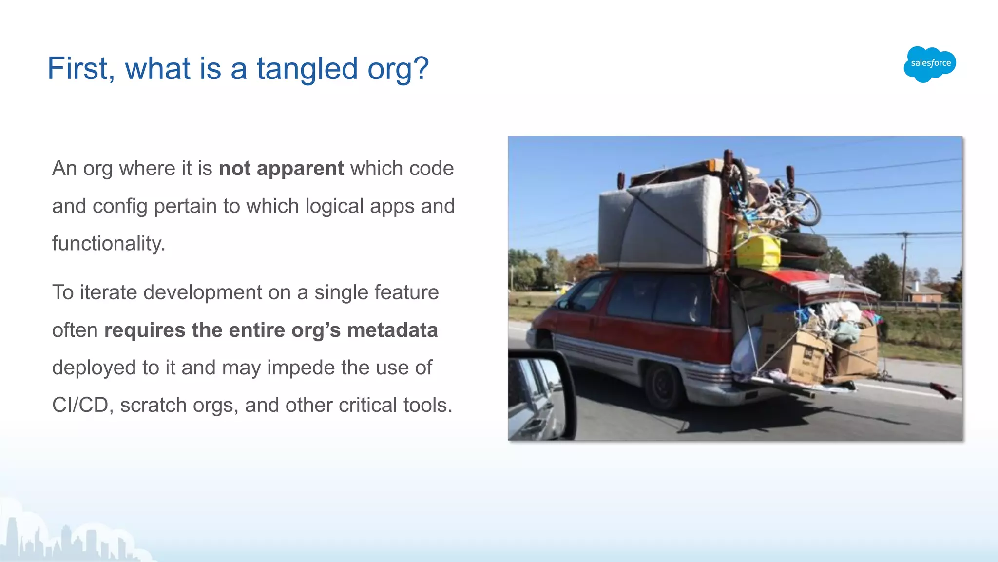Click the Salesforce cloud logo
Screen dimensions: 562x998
click(x=930, y=64)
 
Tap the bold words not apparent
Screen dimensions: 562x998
click(x=281, y=169)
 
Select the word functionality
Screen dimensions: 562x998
click(x=108, y=244)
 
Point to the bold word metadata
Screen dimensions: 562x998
click(x=392, y=330)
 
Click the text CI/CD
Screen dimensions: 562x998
click(x=80, y=406)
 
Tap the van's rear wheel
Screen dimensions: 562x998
click(x=664, y=385)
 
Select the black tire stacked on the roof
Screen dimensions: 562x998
click(x=804, y=244)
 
